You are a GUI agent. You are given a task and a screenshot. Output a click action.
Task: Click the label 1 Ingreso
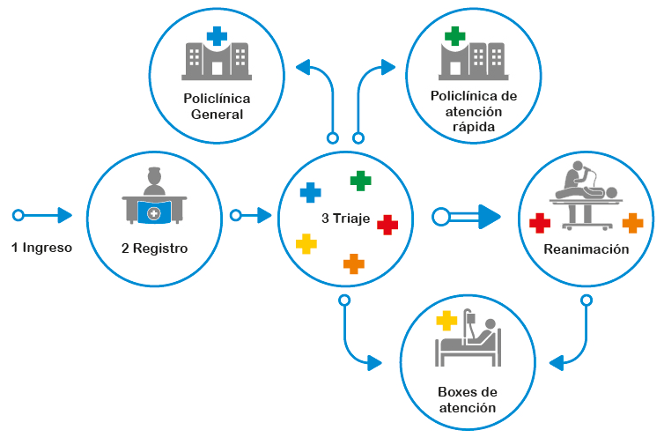(x=41, y=248)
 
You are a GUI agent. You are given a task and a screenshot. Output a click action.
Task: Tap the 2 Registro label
(x=154, y=248)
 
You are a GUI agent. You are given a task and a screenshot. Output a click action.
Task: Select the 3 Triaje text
(x=344, y=216)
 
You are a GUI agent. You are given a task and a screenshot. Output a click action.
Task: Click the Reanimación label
(x=586, y=249)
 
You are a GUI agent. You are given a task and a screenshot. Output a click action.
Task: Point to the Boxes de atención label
(x=467, y=399)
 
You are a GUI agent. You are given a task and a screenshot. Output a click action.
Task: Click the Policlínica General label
(x=217, y=106)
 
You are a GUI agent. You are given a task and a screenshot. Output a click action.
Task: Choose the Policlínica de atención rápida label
(x=473, y=111)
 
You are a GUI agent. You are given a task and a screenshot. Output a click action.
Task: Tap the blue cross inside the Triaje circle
(x=311, y=192)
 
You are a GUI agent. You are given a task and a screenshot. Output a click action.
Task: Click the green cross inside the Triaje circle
(x=360, y=181)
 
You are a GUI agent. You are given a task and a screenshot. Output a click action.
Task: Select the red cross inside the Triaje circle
(x=387, y=225)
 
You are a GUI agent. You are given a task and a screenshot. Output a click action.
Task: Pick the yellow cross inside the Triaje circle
(x=306, y=243)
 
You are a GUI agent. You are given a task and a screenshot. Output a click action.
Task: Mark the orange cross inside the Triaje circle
(x=353, y=263)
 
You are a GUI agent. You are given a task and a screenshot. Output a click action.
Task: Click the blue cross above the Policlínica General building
(x=217, y=36)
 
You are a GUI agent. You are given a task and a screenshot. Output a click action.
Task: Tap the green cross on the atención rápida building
(x=454, y=36)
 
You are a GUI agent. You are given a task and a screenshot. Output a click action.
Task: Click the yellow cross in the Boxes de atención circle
(x=447, y=321)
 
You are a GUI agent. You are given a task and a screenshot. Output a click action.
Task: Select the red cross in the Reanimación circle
(x=540, y=223)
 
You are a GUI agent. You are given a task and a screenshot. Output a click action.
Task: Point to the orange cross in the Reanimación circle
(x=632, y=223)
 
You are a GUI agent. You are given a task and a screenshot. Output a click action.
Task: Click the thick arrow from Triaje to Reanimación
(x=467, y=215)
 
